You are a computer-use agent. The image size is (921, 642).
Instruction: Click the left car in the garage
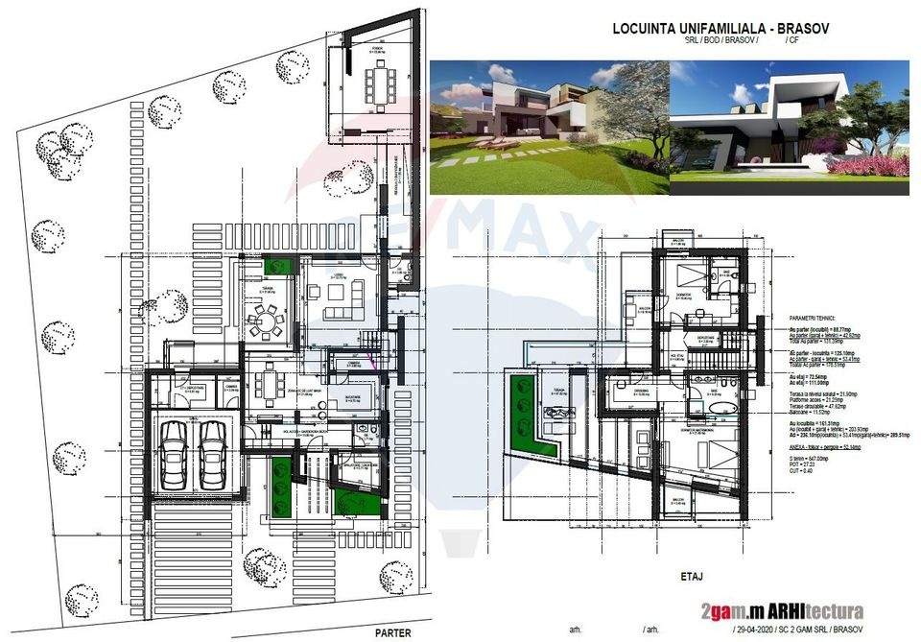[x=175, y=453]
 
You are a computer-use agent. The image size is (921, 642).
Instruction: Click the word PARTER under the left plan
[x=393, y=632]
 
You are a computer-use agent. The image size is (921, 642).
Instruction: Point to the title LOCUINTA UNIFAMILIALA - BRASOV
[x=720, y=29]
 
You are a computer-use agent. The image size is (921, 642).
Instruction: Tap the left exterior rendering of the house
[x=548, y=128]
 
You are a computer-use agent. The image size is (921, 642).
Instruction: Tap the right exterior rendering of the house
[x=790, y=128]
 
